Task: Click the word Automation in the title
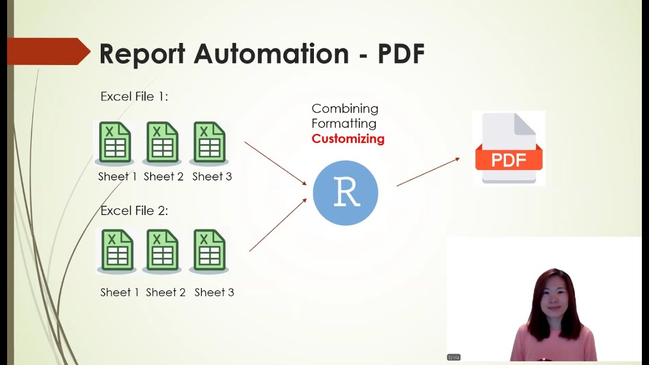tap(271, 54)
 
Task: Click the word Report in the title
tap(142, 54)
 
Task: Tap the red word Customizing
tap(348, 138)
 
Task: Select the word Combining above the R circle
tap(345, 108)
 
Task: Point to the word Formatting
tap(344, 123)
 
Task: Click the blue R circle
tap(345, 193)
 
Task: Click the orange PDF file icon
tap(509, 149)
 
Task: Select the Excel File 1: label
tap(134, 96)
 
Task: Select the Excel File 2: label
tap(134, 210)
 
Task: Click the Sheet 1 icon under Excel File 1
tap(115, 142)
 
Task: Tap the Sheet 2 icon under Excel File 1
tap(162, 142)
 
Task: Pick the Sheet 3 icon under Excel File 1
tap(209, 142)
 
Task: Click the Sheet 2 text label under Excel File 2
tap(166, 293)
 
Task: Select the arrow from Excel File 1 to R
tap(275, 163)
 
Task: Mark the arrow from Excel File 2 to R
tap(278, 225)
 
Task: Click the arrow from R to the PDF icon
tap(428, 172)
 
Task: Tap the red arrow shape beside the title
tap(48, 51)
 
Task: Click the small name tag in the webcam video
tap(453, 357)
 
